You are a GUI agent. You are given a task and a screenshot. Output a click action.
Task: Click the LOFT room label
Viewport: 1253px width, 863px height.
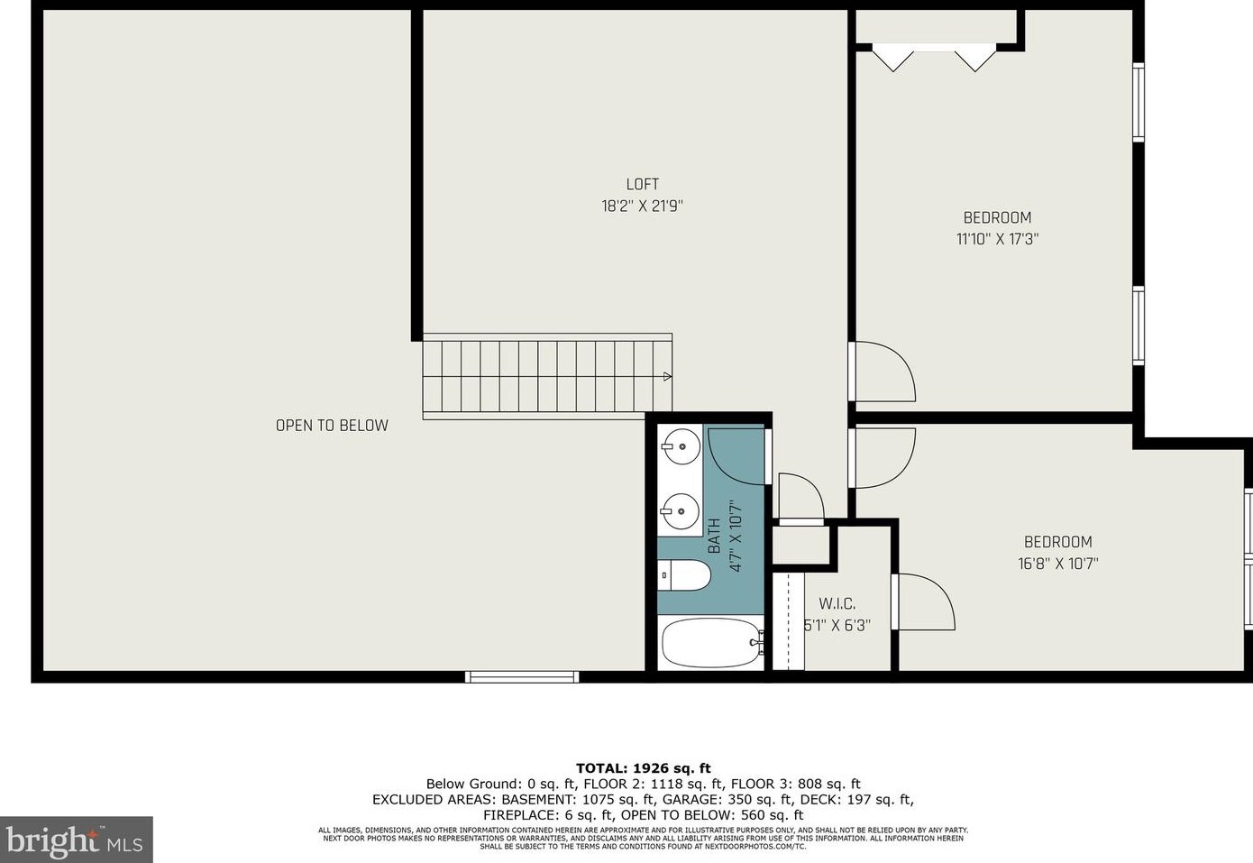pos(642,184)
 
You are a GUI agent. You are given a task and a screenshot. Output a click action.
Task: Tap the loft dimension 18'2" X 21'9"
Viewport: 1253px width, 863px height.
pos(642,206)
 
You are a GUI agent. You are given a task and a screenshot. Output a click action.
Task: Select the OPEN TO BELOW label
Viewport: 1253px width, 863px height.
pos(332,426)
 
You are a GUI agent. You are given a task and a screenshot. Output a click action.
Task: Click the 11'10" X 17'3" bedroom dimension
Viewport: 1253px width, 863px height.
pos(997,239)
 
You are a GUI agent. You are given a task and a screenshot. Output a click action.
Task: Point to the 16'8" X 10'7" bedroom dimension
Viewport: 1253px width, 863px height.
pos(1057,564)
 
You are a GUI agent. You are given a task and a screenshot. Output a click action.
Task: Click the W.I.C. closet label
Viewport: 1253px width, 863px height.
pos(837,603)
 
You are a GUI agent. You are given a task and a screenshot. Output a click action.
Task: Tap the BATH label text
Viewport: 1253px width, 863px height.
pos(714,536)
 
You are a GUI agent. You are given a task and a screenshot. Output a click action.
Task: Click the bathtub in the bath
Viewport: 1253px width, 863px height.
pos(710,644)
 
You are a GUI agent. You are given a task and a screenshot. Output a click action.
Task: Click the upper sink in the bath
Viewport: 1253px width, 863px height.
pos(681,445)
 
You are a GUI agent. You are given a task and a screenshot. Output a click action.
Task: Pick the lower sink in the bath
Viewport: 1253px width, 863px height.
pos(681,512)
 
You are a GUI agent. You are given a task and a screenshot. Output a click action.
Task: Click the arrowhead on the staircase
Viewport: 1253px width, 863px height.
pos(667,376)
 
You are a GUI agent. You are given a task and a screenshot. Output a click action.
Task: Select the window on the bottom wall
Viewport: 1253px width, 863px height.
pos(522,676)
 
